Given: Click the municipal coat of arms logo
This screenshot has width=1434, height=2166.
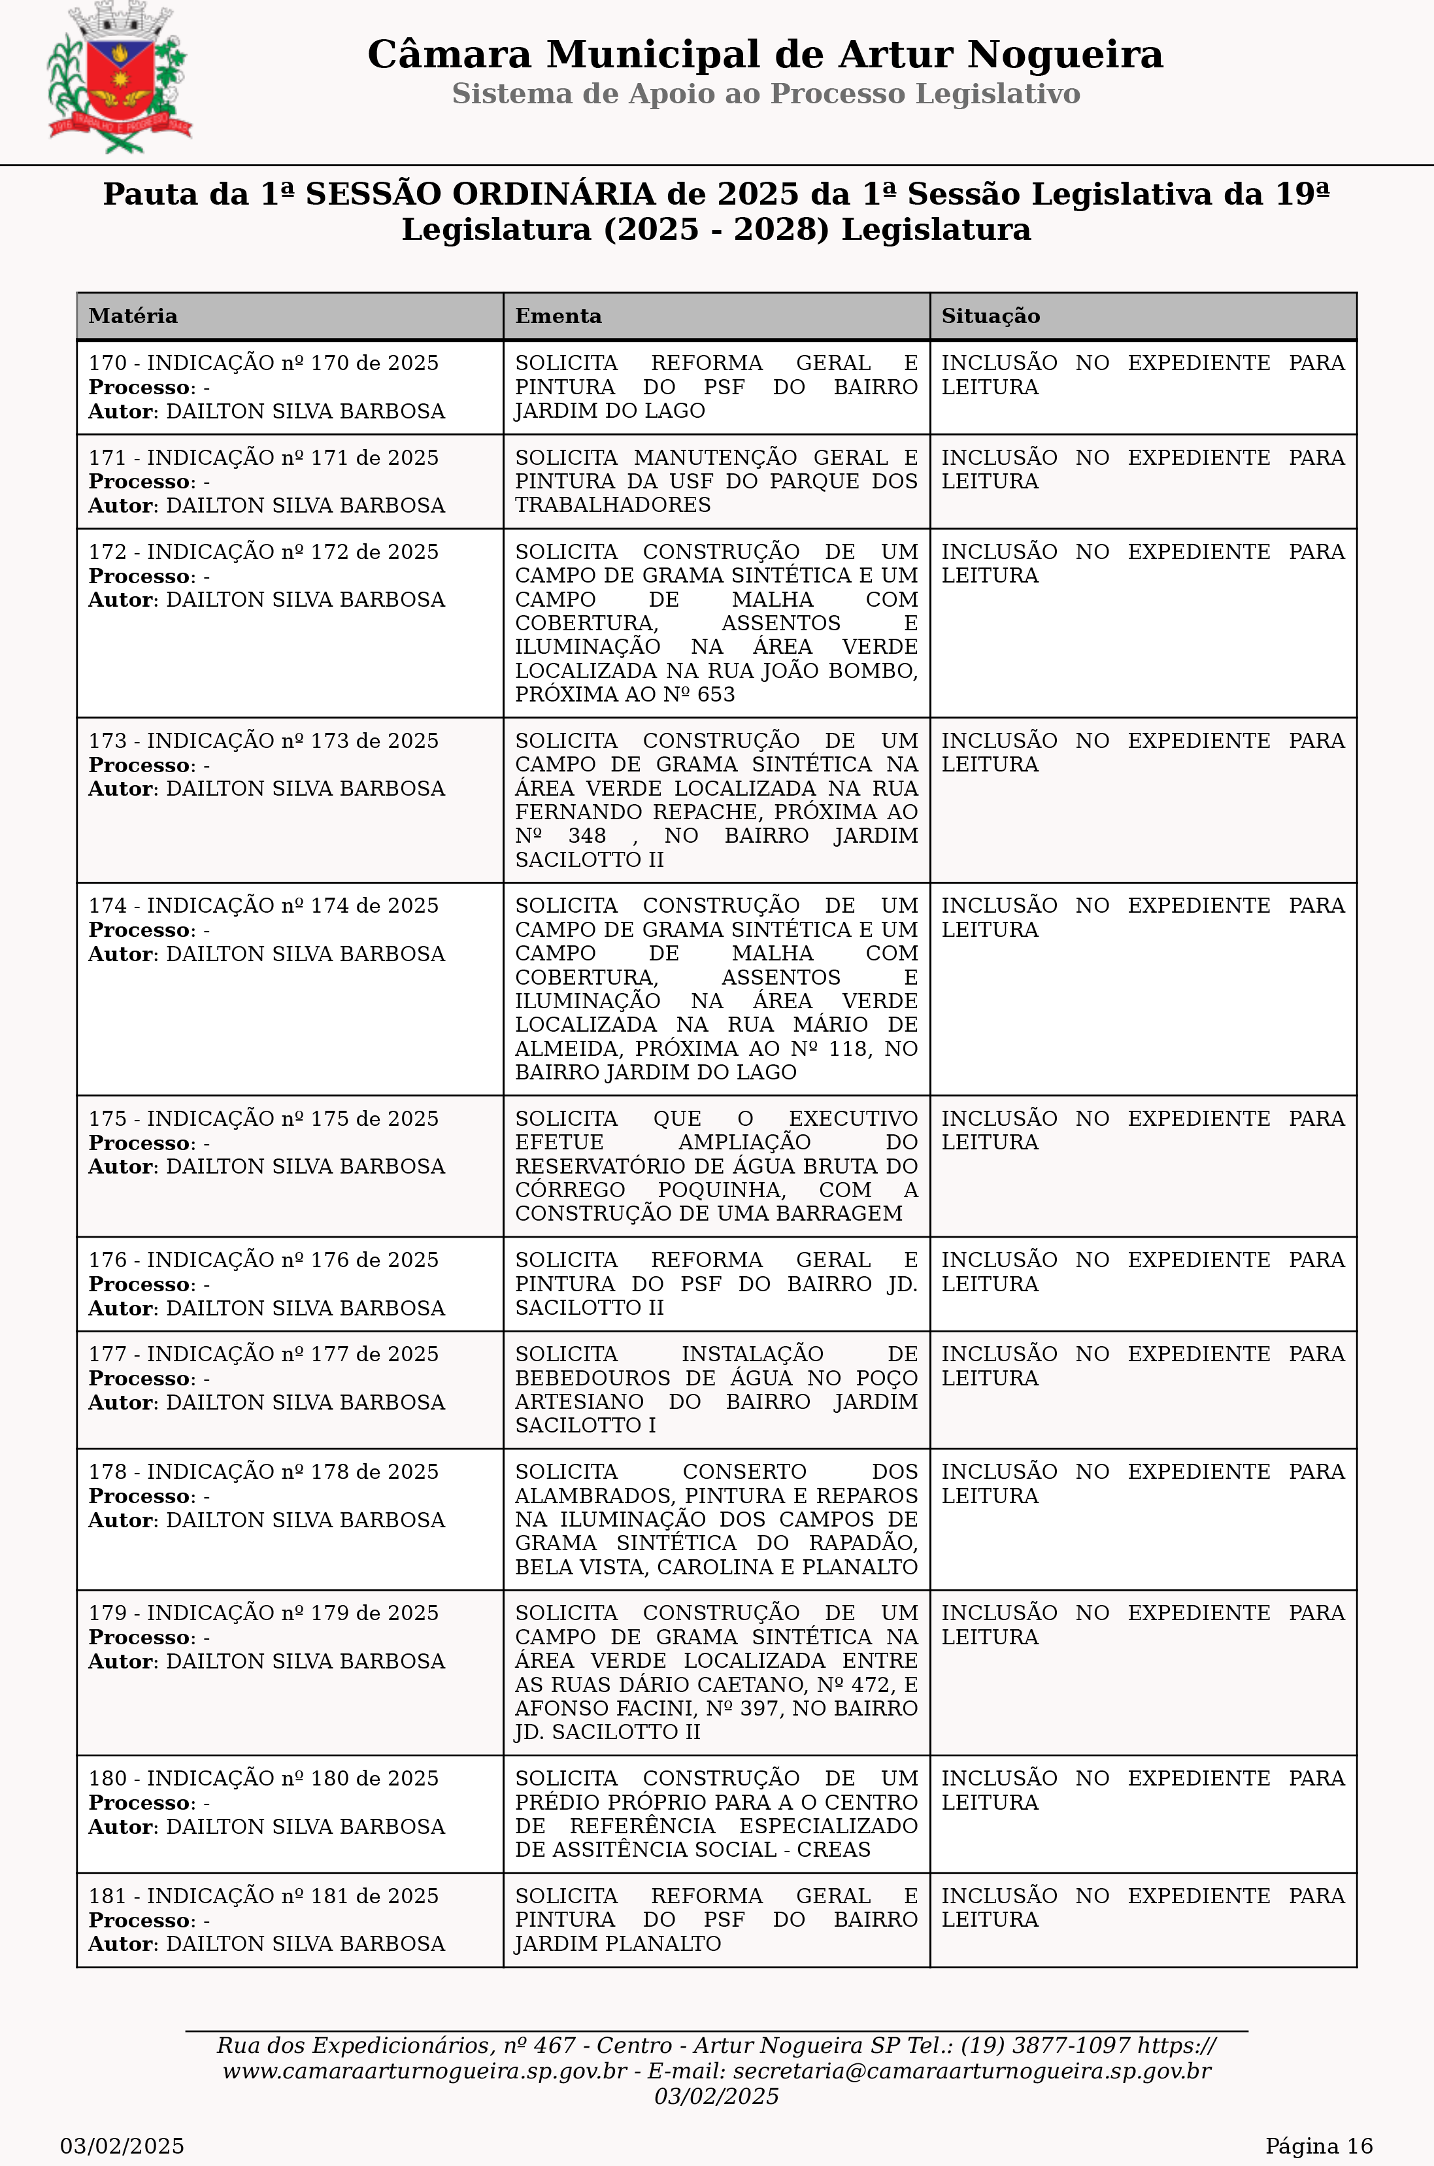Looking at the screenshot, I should point(119,80).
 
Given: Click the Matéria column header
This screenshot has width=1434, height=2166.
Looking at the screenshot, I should point(133,316).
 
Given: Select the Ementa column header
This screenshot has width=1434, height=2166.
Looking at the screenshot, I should point(558,316).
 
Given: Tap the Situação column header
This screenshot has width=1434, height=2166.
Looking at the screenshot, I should point(990,316).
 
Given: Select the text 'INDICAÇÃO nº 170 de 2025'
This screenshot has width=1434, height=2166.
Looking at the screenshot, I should point(293,363).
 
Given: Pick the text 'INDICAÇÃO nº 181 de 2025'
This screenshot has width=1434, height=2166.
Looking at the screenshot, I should point(293,1896).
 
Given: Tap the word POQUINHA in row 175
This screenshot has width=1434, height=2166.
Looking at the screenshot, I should point(721,1190).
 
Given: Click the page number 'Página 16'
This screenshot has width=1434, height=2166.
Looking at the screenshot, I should point(1318,2146).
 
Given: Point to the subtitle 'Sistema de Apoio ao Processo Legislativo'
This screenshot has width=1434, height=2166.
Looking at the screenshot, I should point(765,94).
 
